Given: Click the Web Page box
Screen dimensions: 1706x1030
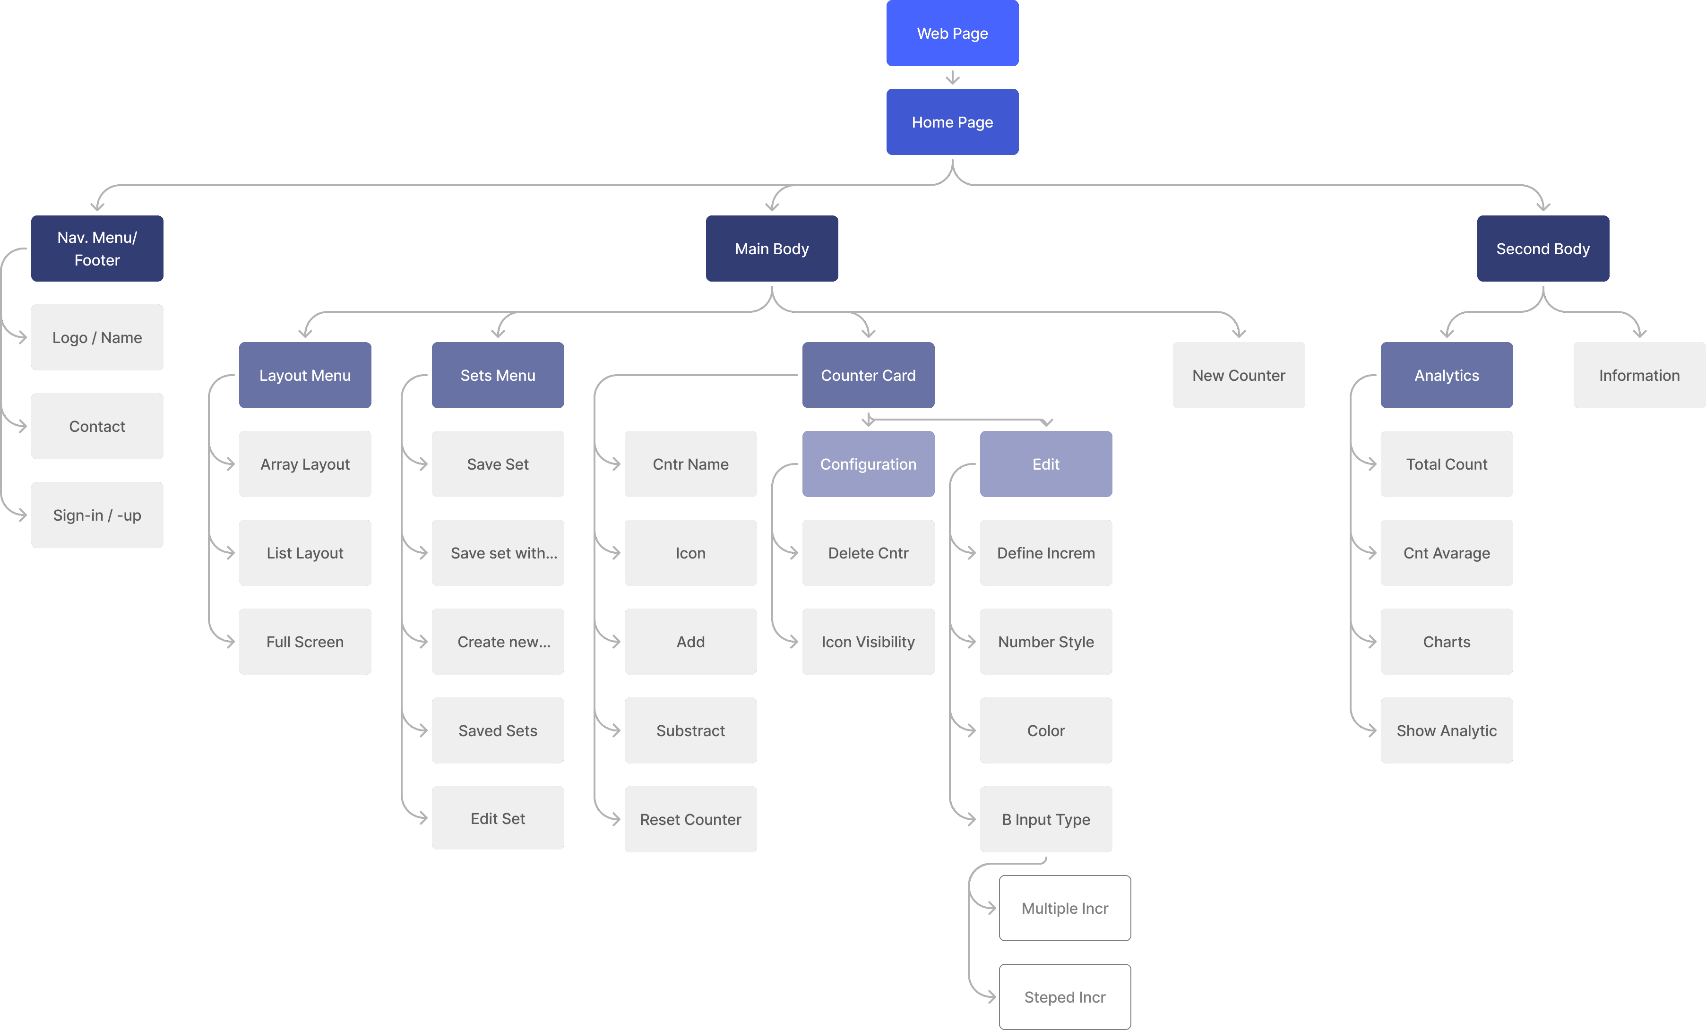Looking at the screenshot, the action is (952, 33).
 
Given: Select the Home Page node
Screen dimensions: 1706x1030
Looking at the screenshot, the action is (952, 122).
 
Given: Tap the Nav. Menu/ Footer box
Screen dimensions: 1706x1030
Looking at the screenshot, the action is (97, 249).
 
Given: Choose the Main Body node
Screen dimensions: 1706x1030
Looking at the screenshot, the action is (772, 249).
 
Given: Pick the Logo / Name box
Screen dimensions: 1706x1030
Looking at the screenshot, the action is (97, 337).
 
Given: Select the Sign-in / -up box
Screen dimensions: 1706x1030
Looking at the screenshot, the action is (97, 515).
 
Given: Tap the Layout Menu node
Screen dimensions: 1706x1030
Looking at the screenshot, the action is (305, 375).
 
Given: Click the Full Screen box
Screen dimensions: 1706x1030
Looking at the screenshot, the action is (305, 642).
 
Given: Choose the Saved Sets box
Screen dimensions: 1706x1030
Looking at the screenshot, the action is (498, 730).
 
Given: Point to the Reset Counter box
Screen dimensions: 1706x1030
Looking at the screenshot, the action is (690, 819).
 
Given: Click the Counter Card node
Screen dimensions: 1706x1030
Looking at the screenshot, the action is (868, 375).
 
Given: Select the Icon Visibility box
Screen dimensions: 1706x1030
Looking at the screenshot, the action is (868, 642).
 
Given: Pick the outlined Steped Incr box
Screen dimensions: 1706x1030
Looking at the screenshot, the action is (1065, 997).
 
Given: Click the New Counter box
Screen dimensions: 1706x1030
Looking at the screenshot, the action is (1239, 375).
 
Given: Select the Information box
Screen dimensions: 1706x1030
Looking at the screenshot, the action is (1639, 375).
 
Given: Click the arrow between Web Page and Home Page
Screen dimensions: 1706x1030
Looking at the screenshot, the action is (952, 77).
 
